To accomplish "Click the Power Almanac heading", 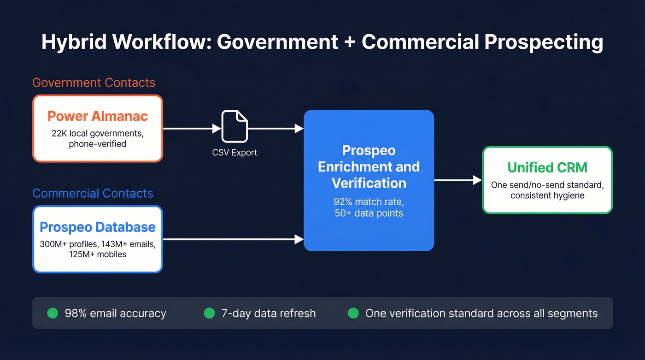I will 98,116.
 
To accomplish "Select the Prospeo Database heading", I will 98,227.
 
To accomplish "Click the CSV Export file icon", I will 235,126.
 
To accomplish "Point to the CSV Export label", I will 235,153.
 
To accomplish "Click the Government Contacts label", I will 94,83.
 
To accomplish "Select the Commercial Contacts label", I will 93,193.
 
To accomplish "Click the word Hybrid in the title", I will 74,42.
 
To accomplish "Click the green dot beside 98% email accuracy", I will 53,313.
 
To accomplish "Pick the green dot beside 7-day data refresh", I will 210,313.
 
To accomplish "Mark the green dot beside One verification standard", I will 353,313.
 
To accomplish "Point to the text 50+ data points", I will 369,213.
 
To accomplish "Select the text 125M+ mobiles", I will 98,254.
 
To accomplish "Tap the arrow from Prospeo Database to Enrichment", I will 233,239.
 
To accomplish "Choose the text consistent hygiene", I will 547,195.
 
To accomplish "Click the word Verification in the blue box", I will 369,183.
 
